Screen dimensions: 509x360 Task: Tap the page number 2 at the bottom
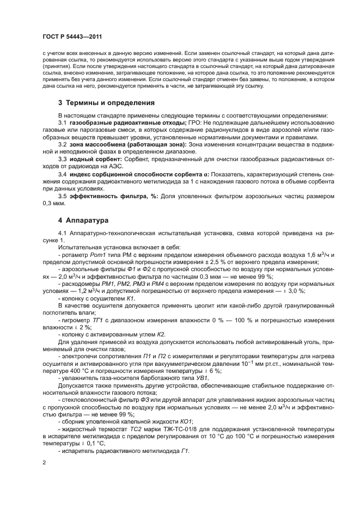click(x=44, y=463)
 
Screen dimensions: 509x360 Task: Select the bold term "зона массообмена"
click(x=93, y=145)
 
